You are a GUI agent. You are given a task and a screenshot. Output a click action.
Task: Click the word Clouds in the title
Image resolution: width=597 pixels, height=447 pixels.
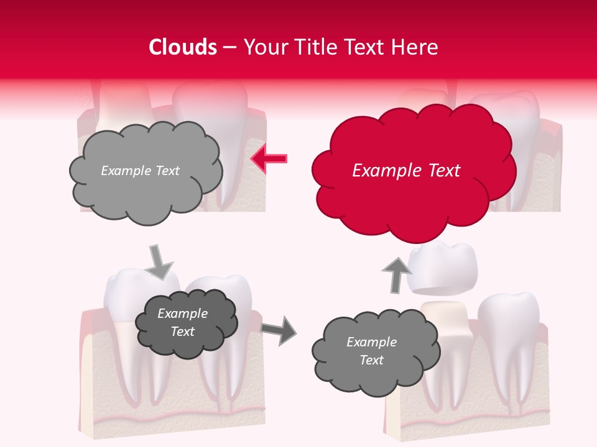click(183, 47)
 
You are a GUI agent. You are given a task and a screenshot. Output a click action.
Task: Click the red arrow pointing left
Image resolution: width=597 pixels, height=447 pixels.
click(269, 160)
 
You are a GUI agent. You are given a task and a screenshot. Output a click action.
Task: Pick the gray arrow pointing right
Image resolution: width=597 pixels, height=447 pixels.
click(279, 330)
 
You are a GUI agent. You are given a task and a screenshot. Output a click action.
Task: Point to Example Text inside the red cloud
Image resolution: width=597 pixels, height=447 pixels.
click(406, 171)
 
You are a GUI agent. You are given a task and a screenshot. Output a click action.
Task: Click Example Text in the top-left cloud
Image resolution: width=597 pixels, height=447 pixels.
click(140, 171)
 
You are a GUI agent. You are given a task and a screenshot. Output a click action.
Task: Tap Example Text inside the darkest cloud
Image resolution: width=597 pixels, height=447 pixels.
click(182, 322)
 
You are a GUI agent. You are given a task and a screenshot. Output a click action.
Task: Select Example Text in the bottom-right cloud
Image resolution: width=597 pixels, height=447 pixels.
click(371, 351)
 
